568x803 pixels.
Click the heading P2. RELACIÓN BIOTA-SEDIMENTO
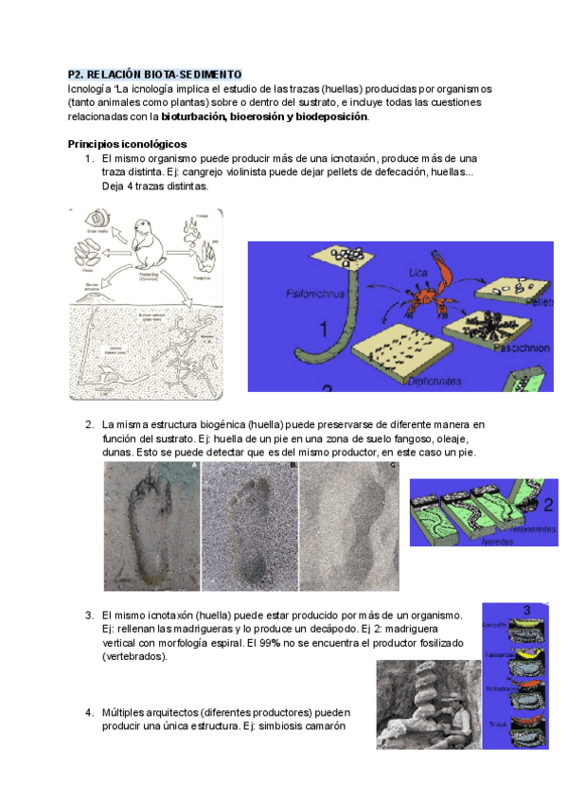[x=154, y=74]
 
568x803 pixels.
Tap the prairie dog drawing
[x=149, y=251]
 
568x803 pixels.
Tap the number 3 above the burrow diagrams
[x=525, y=609]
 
